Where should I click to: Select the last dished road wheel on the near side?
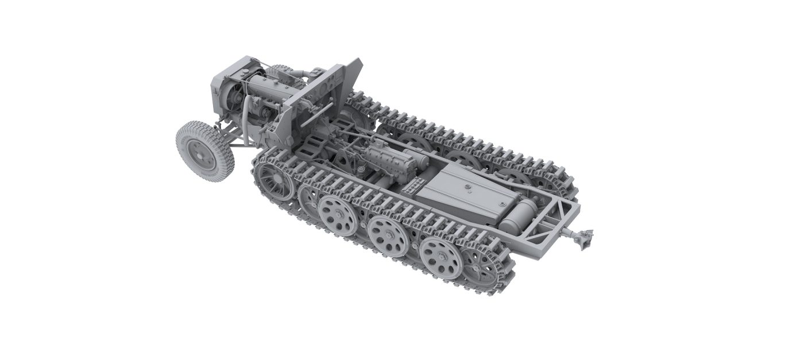pos(439,253)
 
